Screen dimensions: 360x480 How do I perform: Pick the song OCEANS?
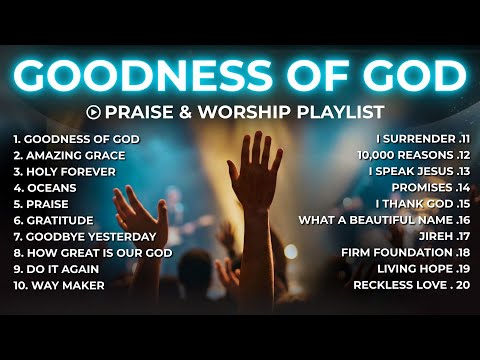tap(49, 187)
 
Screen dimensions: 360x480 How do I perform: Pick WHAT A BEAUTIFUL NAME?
tap(375, 220)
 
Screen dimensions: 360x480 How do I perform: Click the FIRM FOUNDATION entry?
tap(394, 252)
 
